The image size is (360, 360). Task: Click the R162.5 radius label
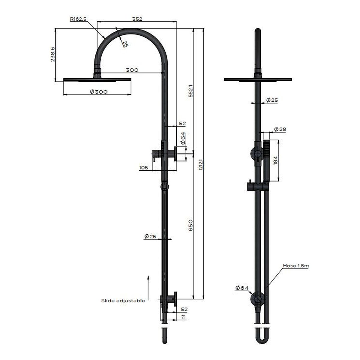[78, 19]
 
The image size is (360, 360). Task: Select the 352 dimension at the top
[136, 19]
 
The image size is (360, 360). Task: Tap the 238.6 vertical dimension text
[53, 54]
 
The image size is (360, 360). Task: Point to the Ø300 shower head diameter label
[98, 92]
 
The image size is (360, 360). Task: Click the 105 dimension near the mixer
[143, 168]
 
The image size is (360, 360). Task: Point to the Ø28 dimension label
[280, 129]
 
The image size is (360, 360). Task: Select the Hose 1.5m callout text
[295, 265]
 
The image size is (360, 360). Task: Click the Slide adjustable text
[123, 300]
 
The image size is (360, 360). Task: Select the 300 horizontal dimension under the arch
[132, 70]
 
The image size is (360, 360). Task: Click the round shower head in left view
[97, 79]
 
